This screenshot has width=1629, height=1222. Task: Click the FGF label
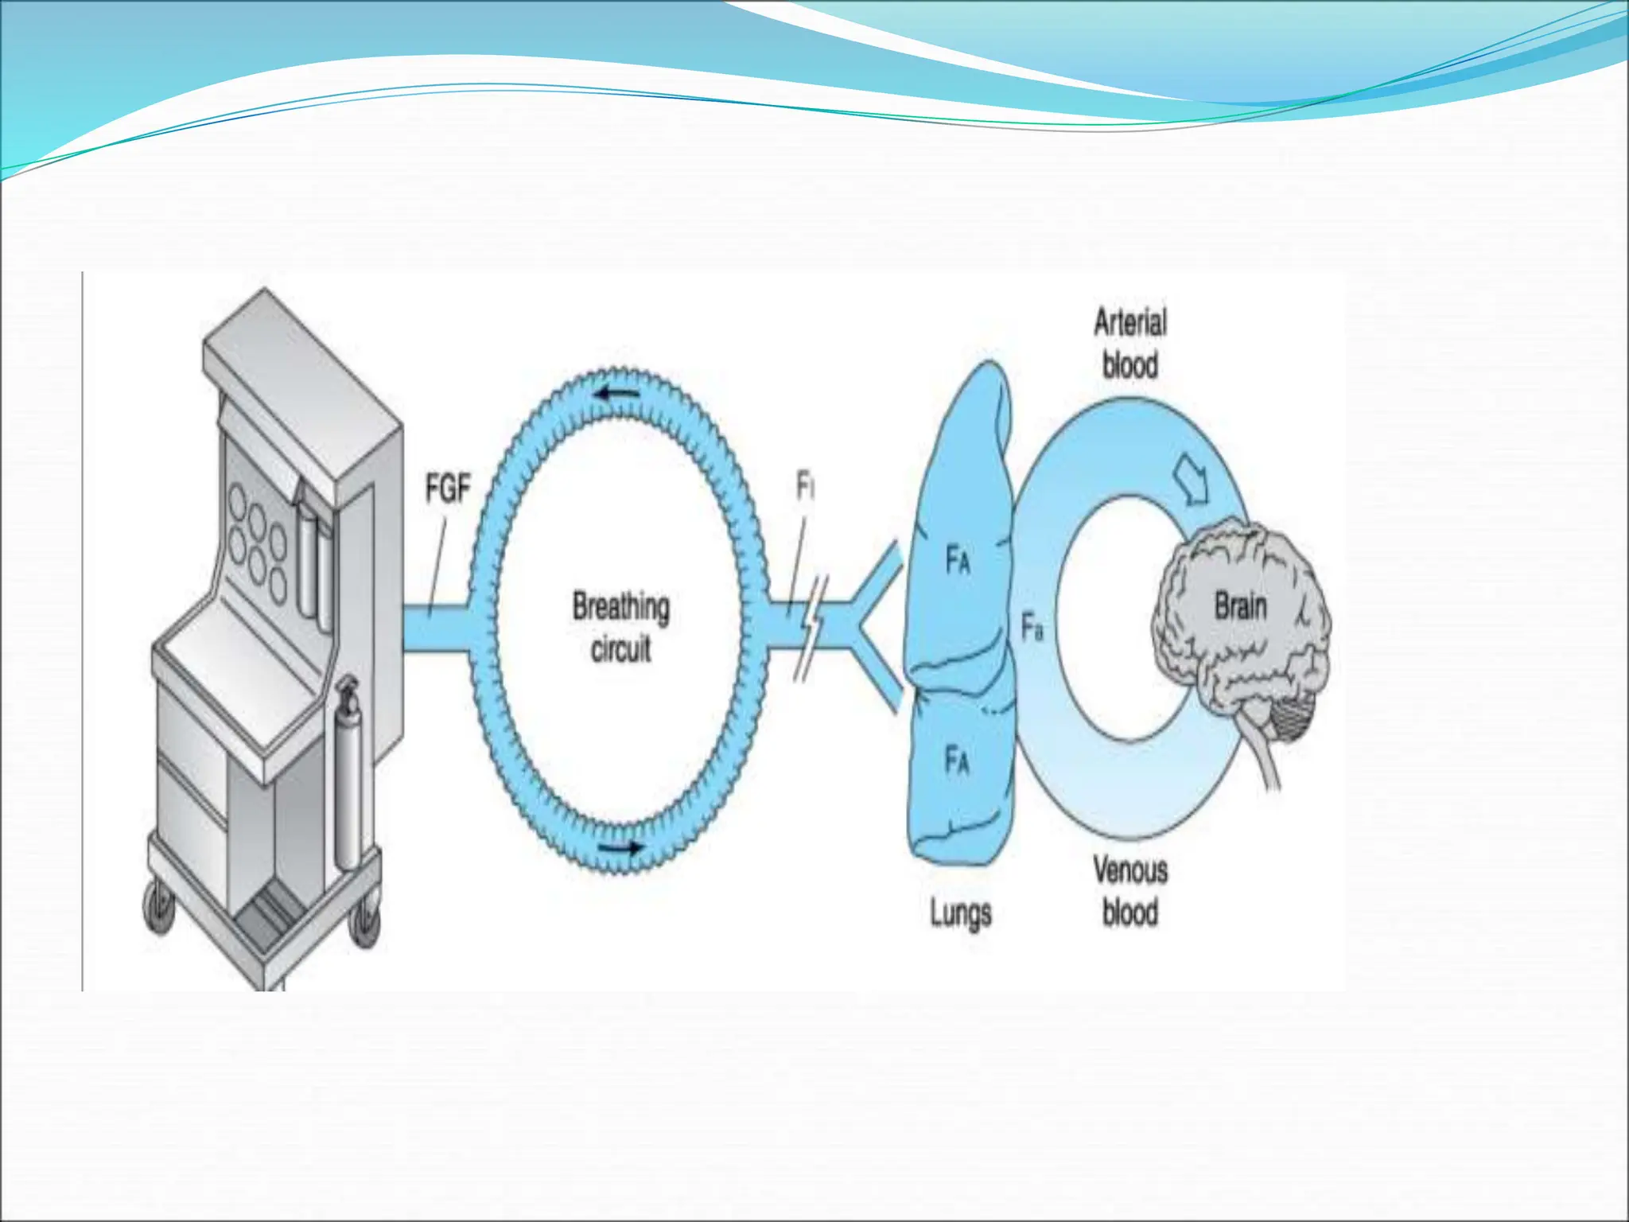pos(448,488)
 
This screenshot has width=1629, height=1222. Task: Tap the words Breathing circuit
pos(621,627)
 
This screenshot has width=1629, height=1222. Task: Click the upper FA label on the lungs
pos(958,560)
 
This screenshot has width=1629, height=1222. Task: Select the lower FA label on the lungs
pos(957,760)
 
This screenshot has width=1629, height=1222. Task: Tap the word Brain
pos(1240,607)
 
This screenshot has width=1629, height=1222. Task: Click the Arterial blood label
pos(1130,344)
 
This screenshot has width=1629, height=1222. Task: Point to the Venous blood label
pos(1130,891)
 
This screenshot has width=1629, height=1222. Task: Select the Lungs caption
pos(961,913)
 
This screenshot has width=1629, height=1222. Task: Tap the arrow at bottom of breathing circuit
pos(621,847)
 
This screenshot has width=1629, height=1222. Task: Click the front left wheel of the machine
pos(159,907)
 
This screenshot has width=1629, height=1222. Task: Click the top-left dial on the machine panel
pos(238,500)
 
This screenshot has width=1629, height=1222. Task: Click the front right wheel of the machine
pos(365,923)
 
